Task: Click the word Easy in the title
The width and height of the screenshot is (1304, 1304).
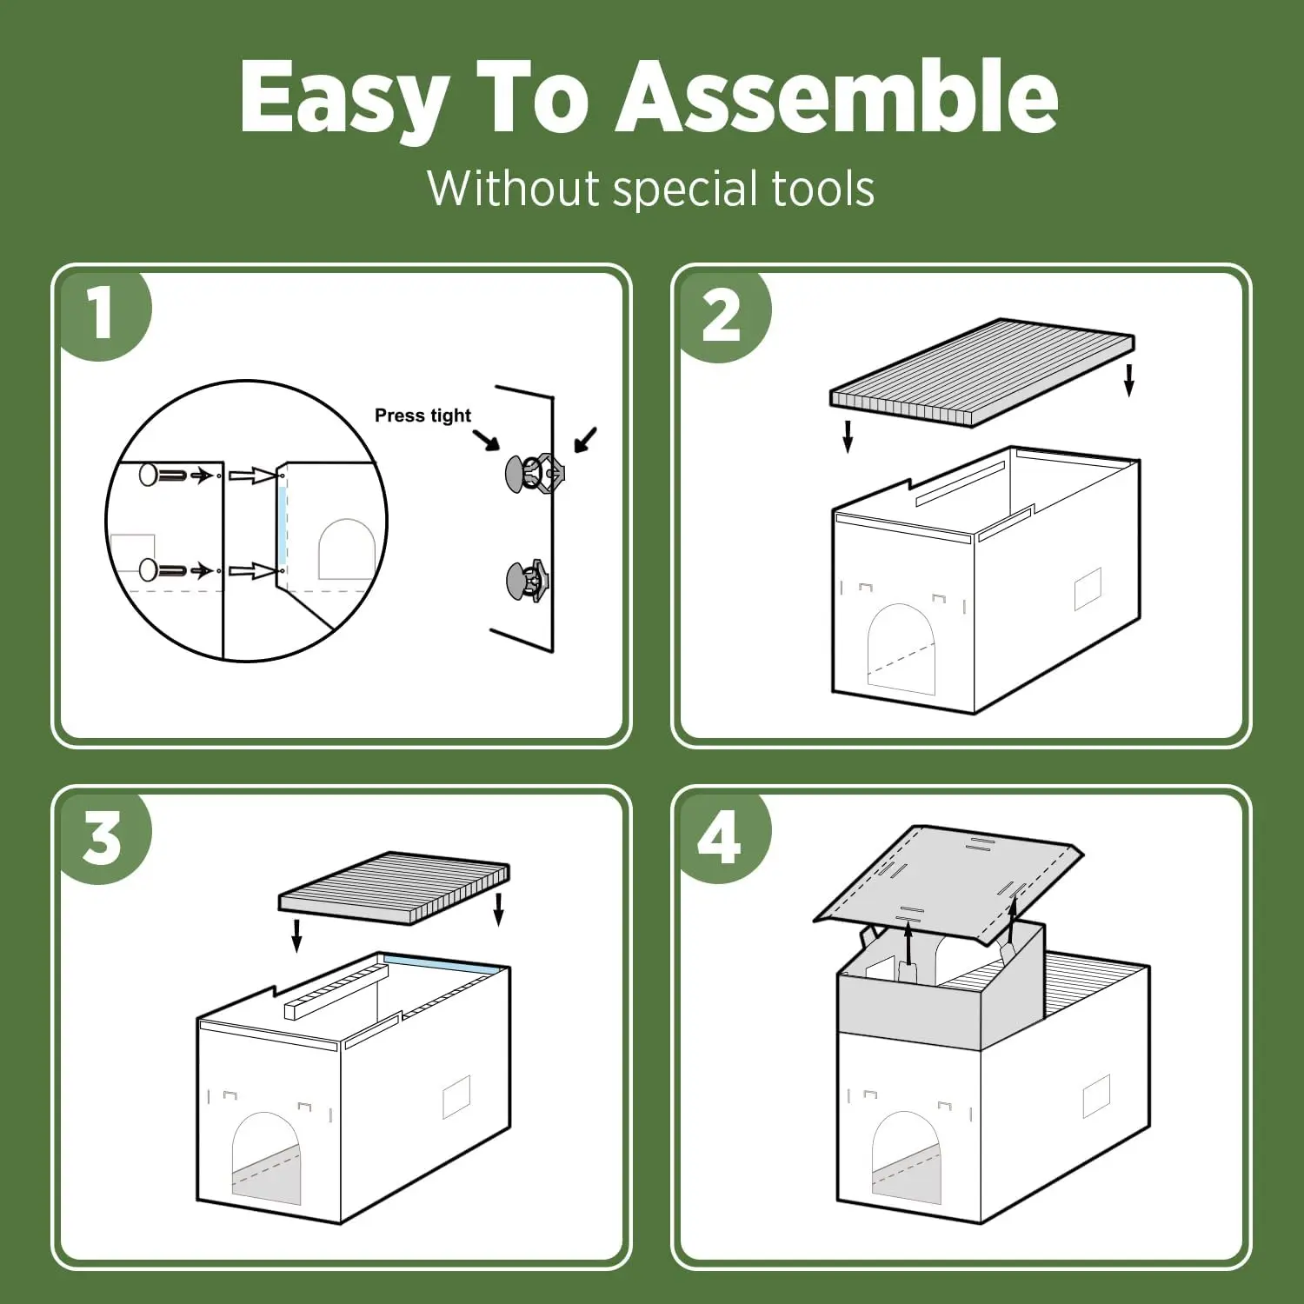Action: (x=344, y=97)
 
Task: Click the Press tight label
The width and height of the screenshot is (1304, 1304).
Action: (x=422, y=416)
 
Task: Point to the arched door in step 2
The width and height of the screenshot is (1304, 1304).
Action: (x=901, y=649)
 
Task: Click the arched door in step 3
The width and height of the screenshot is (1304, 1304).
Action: (x=267, y=1158)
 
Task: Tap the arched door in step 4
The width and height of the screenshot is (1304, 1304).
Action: (x=907, y=1158)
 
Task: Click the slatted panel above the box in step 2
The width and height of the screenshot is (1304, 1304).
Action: (x=982, y=371)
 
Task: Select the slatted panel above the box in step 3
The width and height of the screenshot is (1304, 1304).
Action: (x=394, y=888)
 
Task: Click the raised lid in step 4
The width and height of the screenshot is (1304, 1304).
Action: (x=948, y=885)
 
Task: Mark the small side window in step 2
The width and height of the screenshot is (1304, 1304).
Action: (x=1088, y=589)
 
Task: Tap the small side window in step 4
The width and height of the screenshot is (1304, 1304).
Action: (x=1096, y=1096)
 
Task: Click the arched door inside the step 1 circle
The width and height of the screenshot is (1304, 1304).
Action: (x=346, y=549)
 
